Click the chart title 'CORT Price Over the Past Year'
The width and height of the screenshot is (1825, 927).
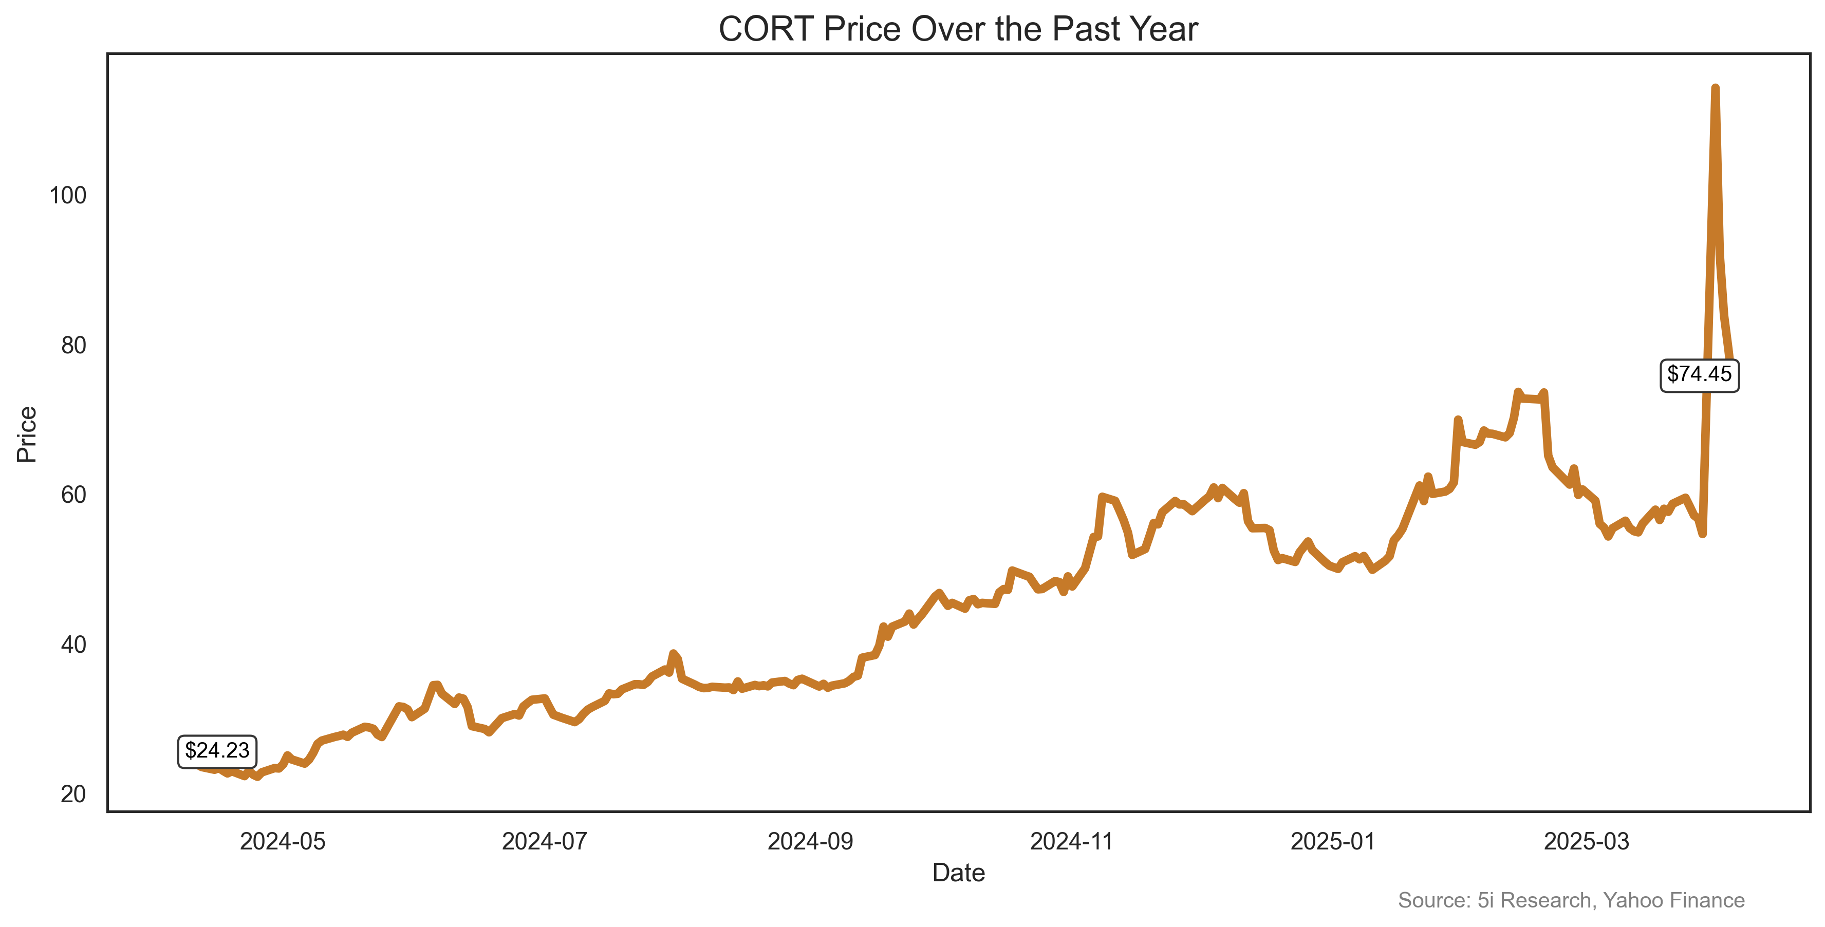[x=958, y=30]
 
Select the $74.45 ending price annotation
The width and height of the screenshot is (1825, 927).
[x=1699, y=374]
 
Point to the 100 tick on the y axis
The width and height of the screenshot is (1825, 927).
[x=68, y=196]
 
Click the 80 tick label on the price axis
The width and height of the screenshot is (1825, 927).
[x=73, y=346]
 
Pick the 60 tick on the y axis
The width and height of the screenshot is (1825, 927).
[x=73, y=495]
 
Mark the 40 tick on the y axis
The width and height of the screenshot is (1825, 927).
[x=73, y=645]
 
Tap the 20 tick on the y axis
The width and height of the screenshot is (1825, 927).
[x=73, y=794]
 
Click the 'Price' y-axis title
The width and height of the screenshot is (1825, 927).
[x=27, y=434]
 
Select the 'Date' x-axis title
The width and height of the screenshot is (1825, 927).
[x=958, y=873]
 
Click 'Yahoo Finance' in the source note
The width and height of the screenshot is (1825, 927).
[x=1673, y=900]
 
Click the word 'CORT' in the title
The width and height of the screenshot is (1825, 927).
[x=765, y=30]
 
